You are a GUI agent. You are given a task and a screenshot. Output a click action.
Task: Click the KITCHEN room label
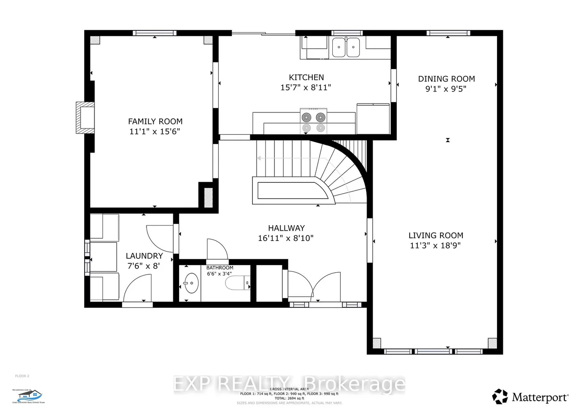(306, 77)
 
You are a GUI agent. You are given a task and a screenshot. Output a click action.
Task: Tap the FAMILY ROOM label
(155, 121)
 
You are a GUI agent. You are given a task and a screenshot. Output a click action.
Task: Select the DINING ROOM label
(446, 79)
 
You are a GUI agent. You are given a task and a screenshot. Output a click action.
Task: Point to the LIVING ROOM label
(436, 235)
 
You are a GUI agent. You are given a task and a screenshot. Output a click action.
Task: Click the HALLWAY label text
(286, 228)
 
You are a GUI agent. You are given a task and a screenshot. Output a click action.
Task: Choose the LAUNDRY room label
(144, 256)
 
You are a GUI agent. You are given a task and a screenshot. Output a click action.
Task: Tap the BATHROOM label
(220, 268)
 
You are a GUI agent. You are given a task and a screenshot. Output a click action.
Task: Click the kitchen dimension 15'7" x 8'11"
(306, 87)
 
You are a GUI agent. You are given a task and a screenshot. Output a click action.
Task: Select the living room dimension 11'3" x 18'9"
(436, 245)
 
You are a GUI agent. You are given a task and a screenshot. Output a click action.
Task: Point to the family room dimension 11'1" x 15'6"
(155, 131)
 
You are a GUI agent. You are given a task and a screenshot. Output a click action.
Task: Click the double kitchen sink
(346, 47)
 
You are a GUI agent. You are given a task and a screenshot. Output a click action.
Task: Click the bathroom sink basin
(192, 283)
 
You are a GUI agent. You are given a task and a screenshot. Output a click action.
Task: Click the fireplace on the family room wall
(84, 118)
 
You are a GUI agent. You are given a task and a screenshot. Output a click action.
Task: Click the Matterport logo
(530, 396)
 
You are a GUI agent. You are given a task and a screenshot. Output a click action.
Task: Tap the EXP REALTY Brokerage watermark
(289, 384)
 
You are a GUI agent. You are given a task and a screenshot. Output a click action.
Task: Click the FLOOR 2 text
(22, 376)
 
